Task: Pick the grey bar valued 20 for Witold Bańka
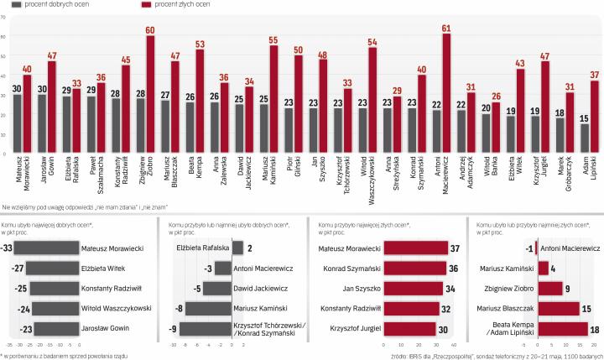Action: coord(486,133)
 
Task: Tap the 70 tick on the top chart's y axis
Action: coord(5,16)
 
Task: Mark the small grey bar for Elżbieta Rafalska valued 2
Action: coord(237,225)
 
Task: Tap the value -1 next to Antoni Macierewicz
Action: coord(528,225)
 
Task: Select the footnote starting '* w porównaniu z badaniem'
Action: coord(63,355)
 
